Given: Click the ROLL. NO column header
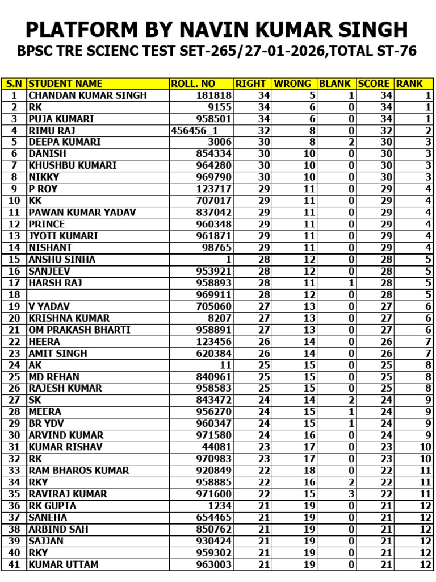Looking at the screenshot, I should (x=193, y=84).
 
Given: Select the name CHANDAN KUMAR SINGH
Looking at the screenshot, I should (x=87, y=95).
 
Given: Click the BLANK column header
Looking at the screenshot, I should (x=335, y=84).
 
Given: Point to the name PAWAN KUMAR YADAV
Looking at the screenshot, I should (x=82, y=213).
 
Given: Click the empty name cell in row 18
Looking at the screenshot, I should (x=98, y=294).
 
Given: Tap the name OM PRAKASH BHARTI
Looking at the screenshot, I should (x=79, y=330).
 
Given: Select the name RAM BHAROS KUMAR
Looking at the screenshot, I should (x=79, y=471).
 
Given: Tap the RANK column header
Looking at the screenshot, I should (x=409, y=84).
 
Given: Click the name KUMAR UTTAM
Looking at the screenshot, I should (x=63, y=564).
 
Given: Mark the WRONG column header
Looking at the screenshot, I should (x=292, y=84).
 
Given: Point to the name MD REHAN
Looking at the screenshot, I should (x=54, y=377).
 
